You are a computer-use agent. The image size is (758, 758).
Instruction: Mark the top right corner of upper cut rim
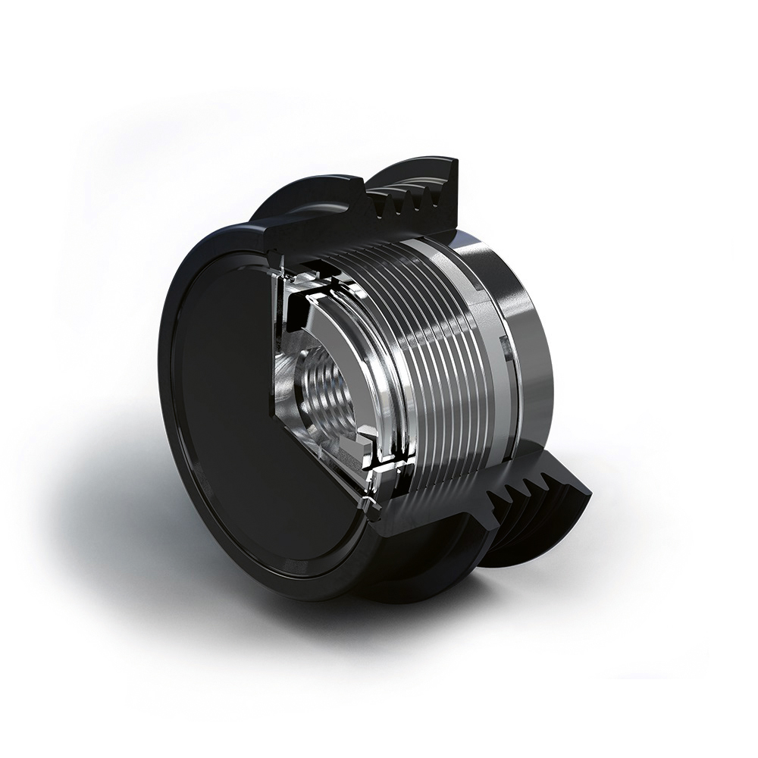[x=455, y=160]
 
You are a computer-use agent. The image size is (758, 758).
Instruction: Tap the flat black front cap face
[x=220, y=394]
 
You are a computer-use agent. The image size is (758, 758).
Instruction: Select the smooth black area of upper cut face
[x=318, y=227]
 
